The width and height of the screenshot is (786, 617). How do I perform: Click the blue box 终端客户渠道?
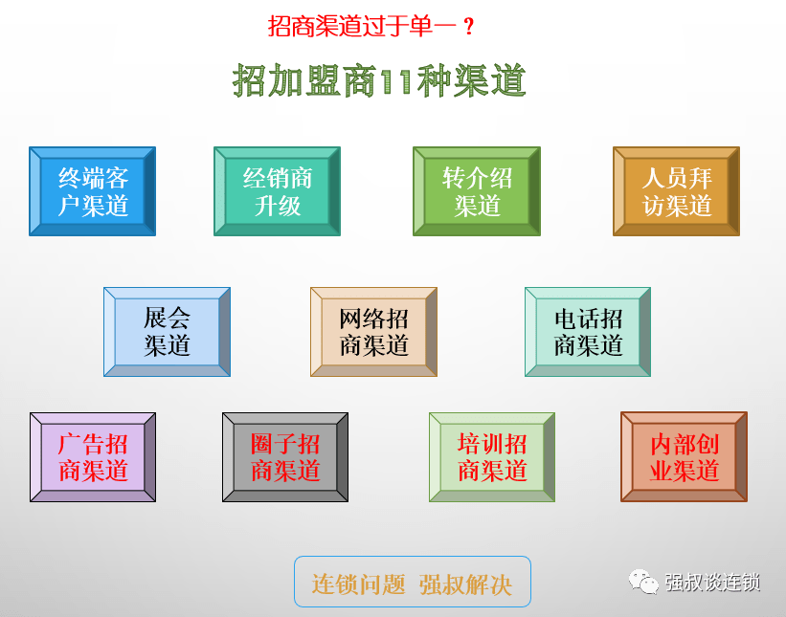coord(92,191)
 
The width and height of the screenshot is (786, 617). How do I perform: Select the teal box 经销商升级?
coord(278,191)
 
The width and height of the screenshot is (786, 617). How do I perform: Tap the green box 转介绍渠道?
coord(477,191)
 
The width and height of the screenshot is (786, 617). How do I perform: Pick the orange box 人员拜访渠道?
coord(676,191)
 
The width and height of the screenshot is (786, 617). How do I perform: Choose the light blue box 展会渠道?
coord(167,332)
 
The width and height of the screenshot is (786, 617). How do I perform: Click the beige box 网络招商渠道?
coord(374,332)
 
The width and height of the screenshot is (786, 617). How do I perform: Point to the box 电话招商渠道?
coord(588,332)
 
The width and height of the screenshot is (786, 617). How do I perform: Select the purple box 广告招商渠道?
coord(93,457)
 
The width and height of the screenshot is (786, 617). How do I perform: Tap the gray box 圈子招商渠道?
coord(285,457)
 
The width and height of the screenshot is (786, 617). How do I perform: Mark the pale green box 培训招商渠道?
coord(492,457)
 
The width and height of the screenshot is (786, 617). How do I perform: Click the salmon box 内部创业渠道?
coord(685,456)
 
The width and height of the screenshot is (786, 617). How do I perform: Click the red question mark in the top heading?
coord(469,26)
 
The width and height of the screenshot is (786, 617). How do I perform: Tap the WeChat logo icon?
coord(643,582)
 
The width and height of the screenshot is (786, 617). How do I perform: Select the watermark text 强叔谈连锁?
coord(712,583)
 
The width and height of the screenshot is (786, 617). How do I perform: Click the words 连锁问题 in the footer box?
coord(358,584)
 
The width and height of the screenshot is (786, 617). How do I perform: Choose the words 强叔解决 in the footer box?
coord(465,584)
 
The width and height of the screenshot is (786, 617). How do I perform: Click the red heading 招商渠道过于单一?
coord(362,26)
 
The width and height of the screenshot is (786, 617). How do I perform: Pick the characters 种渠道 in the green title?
coord(470,80)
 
